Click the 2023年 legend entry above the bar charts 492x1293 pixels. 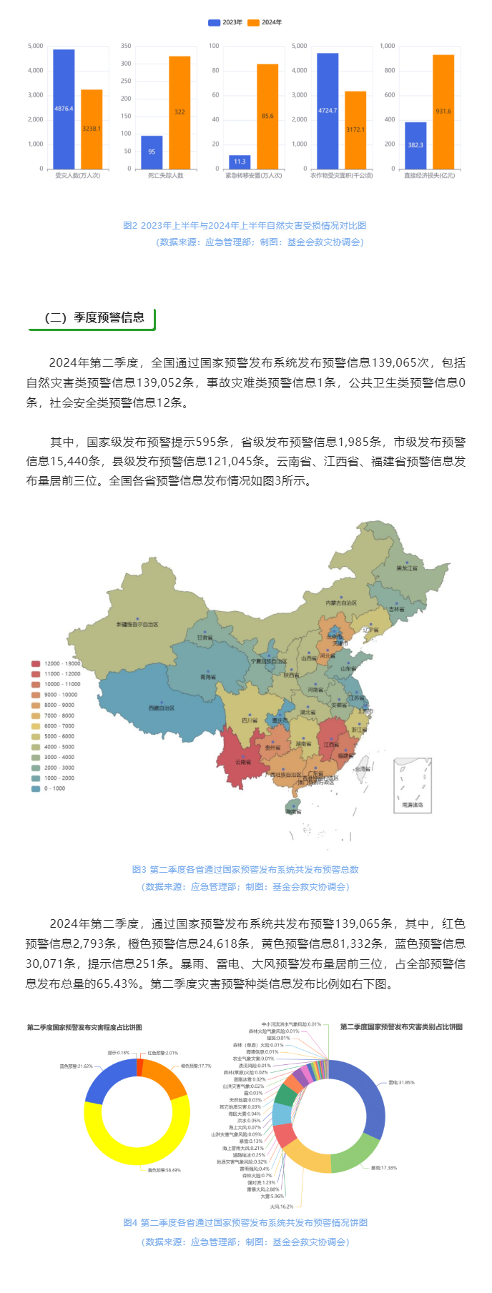225,22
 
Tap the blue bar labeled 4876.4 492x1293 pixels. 64,109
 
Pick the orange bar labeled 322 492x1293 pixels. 179,112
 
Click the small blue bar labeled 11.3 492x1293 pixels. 240,162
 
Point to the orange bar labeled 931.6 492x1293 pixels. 443,112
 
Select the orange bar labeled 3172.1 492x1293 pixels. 355,129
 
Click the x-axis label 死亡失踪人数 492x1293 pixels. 166,175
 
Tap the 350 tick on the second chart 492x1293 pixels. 126,46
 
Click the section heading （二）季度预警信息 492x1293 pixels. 94,317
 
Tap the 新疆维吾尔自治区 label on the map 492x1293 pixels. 137,624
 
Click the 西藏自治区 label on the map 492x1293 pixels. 162,708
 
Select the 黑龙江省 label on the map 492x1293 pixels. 407,568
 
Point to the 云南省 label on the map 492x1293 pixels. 243,762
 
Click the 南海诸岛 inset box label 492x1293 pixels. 412,805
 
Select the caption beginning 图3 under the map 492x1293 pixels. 245,869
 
